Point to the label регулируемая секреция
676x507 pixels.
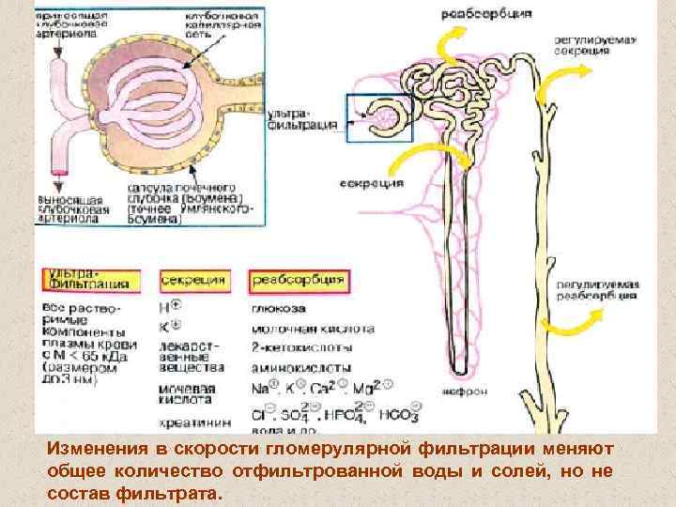coord(594,45)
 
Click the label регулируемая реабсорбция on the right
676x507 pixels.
coord(596,289)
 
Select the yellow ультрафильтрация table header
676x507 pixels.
coord(91,279)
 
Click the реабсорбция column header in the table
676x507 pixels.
coord(298,279)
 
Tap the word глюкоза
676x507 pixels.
coord(279,307)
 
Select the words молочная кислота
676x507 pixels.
coord(313,329)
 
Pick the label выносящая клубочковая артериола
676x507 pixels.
coord(84,209)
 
